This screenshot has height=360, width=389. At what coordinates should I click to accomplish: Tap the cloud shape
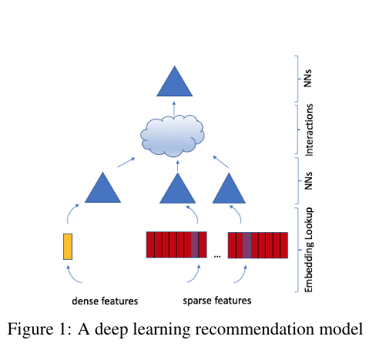pyautogui.click(x=173, y=136)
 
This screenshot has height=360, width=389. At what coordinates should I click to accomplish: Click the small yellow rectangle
pyautogui.click(x=68, y=247)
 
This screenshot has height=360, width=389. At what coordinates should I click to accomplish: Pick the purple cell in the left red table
pyautogui.click(x=195, y=244)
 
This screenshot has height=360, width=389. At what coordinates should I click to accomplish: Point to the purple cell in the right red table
pyautogui.click(x=246, y=245)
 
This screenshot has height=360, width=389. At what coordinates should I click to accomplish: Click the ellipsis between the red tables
pyautogui.click(x=217, y=256)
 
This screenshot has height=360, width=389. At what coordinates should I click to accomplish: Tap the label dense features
pyautogui.click(x=105, y=301)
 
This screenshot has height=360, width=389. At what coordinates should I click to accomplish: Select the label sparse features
pyautogui.click(x=217, y=301)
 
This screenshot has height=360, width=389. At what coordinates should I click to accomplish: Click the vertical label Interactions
pyautogui.click(x=309, y=130)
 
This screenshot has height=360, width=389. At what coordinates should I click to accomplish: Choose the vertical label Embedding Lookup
pyautogui.click(x=309, y=250)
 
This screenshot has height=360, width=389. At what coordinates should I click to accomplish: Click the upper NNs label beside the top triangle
pyautogui.click(x=308, y=79)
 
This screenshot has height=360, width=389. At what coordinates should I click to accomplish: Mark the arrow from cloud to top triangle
pyautogui.click(x=174, y=109)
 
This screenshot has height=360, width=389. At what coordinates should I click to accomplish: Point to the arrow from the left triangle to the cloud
pyautogui.click(x=126, y=163)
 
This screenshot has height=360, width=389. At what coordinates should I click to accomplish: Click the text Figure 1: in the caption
pyautogui.click(x=39, y=328)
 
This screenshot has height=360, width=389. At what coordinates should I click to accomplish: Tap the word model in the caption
pyautogui.click(x=341, y=328)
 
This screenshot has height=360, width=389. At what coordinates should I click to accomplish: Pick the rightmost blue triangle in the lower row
pyautogui.click(x=229, y=190)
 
